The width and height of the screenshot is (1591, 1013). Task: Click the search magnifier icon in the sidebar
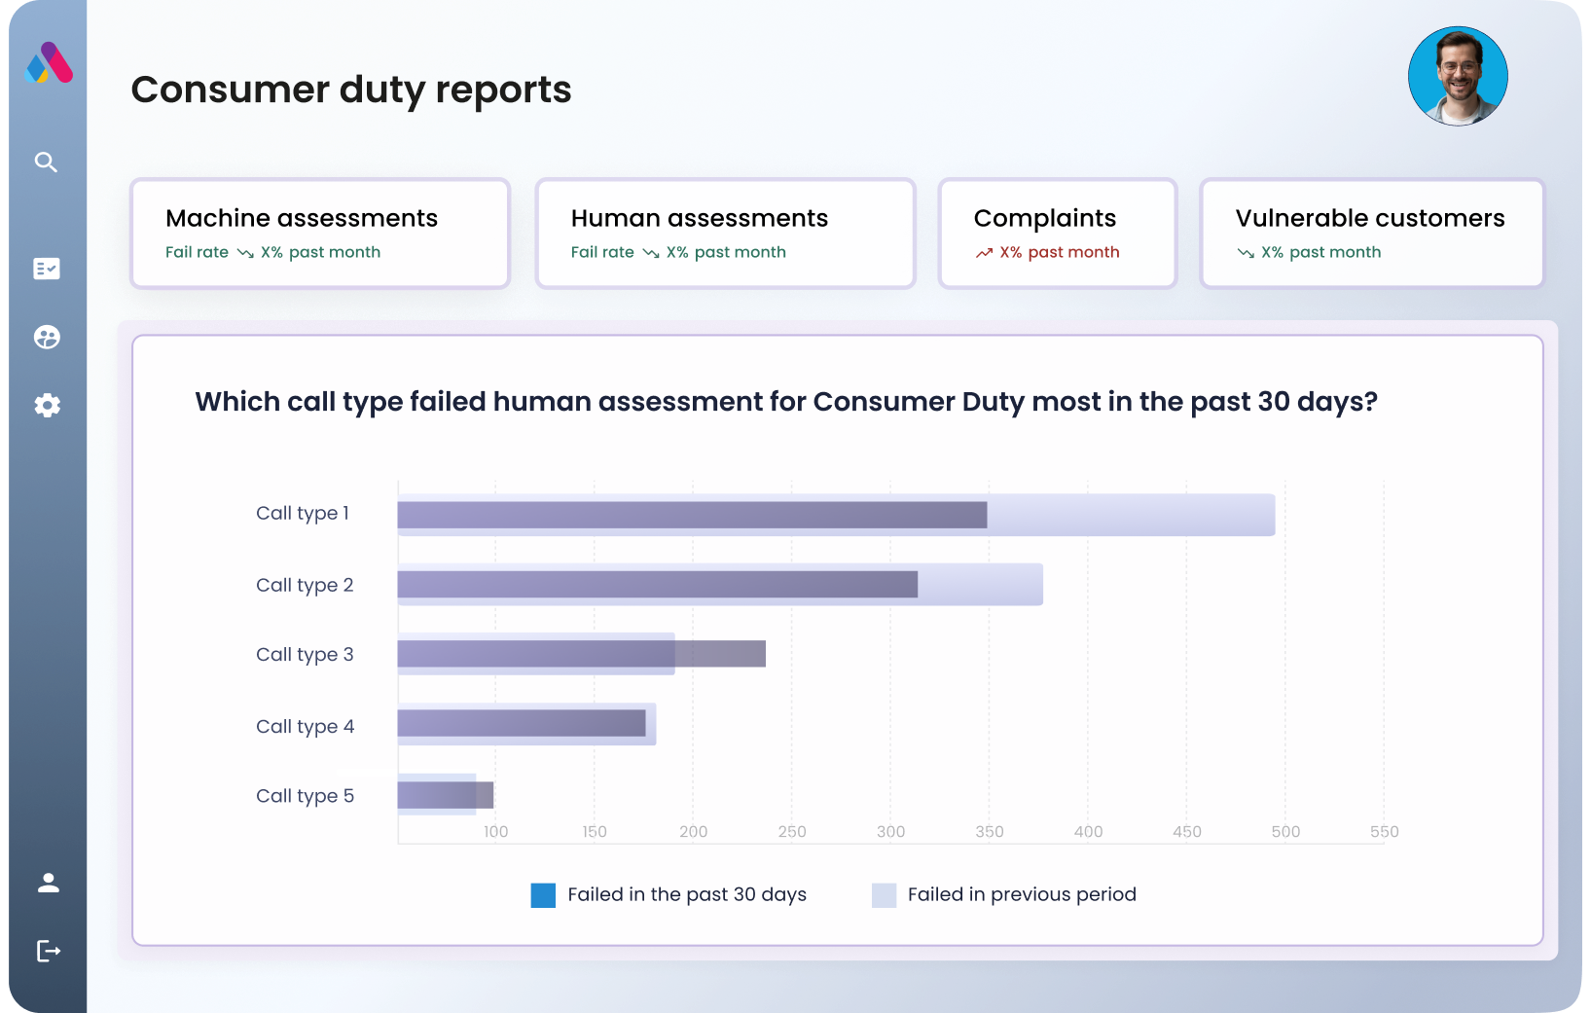click(46, 162)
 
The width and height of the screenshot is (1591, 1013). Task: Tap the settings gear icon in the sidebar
click(47, 406)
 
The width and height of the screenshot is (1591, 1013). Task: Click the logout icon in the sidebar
click(48, 951)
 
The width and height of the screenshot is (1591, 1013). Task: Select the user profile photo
click(1457, 76)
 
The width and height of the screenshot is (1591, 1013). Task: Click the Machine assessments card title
click(302, 218)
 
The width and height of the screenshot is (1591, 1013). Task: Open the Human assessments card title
click(699, 218)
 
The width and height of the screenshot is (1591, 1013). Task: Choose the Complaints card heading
click(1044, 218)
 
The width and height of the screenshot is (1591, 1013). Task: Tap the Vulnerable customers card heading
click(1369, 218)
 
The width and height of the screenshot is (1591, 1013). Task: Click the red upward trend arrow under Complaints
click(984, 253)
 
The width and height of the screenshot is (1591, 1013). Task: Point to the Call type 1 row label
click(302, 513)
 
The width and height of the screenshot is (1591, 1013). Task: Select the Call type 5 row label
click(305, 796)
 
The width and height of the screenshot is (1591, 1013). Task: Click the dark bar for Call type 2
click(657, 584)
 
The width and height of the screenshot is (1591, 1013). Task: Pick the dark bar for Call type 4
click(521, 723)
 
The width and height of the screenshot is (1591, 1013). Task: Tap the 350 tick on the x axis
click(989, 832)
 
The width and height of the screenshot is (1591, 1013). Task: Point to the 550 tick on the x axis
click(1384, 832)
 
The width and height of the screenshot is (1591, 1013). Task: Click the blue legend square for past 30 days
click(543, 895)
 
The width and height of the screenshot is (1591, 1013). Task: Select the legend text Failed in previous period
click(1021, 894)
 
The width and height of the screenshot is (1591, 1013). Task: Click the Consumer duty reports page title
click(350, 90)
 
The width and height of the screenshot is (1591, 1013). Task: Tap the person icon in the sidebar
click(48, 883)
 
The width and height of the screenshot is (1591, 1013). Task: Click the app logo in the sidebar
click(48, 63)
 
